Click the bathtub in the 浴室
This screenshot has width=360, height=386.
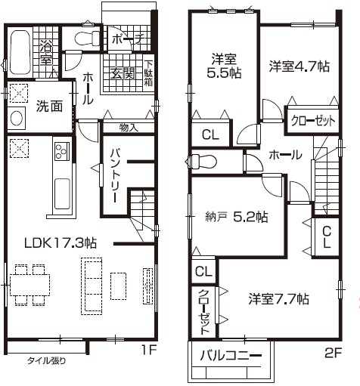click(x=20, y=52)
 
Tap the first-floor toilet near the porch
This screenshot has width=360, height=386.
click(x=87, y=39)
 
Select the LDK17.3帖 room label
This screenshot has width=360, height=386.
click(x=60, y=243)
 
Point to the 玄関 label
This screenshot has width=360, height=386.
click(x=123, y=73)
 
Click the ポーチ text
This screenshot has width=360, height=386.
click(x=128, y=39)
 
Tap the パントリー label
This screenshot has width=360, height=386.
click(x=115, y=176)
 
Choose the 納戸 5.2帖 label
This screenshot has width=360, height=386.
click(x=237, y=217)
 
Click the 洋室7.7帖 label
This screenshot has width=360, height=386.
click(x=278, y=299)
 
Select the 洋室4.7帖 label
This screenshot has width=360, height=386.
click(x=299, y=66)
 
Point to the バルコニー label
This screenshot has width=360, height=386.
click(x=231, y=356)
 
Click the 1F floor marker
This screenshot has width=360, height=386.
click(x=149, y=350)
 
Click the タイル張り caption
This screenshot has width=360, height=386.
click(x=46, y=361)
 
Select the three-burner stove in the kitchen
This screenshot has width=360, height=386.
click(x=61, y=151)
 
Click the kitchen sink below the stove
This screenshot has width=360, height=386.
click(x=62, y=194)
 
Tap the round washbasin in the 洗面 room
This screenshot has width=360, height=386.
click(x=17, y=119)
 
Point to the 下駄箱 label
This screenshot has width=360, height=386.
click(x=148, y=73)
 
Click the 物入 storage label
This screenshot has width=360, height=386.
click(x=129, y=128)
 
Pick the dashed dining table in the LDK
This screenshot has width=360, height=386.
click(x=29, y=285)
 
